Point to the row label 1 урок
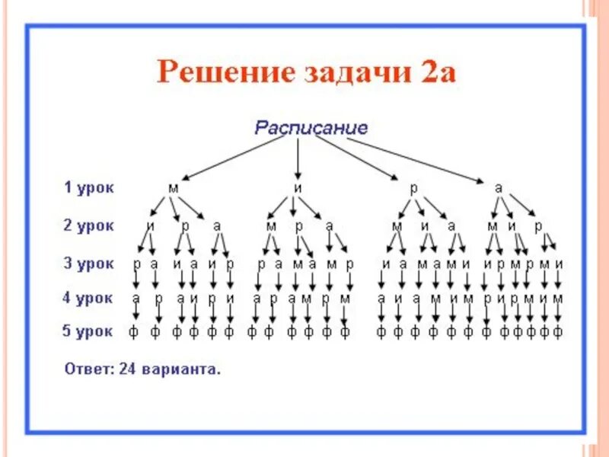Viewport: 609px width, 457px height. point(88,187)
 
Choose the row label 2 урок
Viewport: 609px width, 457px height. point(88,225)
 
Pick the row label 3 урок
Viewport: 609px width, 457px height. point(88,264)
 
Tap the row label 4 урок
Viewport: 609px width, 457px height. point(88,298)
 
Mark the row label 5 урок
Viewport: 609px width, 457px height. point(88,331)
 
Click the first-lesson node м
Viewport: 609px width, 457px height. point(173,187)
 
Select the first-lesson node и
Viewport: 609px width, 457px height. point(298,187)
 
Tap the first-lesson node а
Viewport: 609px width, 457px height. point(499,187)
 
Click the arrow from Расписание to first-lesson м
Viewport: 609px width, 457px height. point(232,158)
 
